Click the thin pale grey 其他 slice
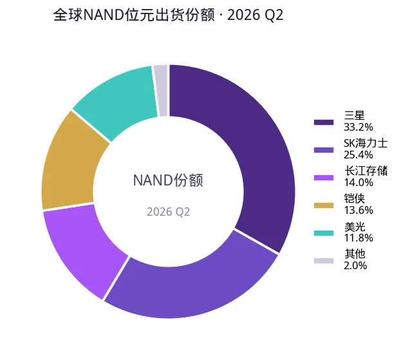tap(162, 91)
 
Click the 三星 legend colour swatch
tap(324, 122)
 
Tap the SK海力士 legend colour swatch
tap(324, 150)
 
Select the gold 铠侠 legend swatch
tap(324, 205)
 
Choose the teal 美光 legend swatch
tap(324, 233)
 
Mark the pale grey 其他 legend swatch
tap(324, 260)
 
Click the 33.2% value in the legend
tap(359, 127)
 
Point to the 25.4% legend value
tap(359, 155)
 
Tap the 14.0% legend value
tap(359, 182)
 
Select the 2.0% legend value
tap(355, 265)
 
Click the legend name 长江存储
tap(366, 171)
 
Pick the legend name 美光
tap(355, 227)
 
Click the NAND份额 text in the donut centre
tap(168, 180)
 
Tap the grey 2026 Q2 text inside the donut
tap(168, 212)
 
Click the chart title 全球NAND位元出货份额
tap(134, 15)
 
